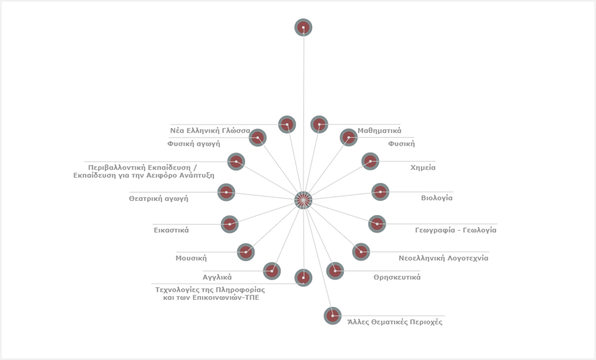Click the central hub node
click(x=304, y=200)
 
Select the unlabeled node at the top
click(x=304, y=28)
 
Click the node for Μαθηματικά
click(x=319, y=125)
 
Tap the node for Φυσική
click(x=348, y=138)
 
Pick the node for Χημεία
click(x=370, y=162)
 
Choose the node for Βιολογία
click(x=380, y=192)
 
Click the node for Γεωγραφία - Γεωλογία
click(x=377, y=224)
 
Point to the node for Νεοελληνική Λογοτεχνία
click(x=361, y=251)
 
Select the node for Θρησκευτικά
click(x=335, y=270)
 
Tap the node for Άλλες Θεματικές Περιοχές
click(x=332, y=316)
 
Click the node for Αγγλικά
click(x=272, y=270)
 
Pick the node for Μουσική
click(x=246, y=251)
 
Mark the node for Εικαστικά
click(x=229, y=224)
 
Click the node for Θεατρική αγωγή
click(x=226, y=192)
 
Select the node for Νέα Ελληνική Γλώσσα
click(x=287, y=125)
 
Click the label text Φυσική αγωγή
click(x=194, y=144)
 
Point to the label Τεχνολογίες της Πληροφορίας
click(x=210, y=289)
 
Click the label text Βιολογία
click(x=437, y=198)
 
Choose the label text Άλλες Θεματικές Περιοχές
click(x=395, y=322)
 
